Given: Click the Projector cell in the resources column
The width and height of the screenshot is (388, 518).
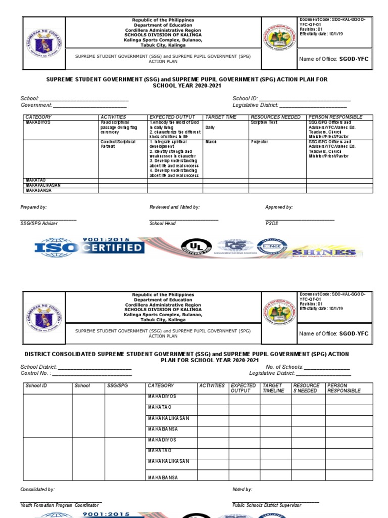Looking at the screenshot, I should tap(259, 142).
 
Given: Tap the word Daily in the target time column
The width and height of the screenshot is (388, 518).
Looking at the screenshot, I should tap(210, 127).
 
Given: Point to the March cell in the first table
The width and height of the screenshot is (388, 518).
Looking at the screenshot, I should tap(211, 142).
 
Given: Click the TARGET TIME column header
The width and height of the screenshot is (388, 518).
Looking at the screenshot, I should tap(220, 117).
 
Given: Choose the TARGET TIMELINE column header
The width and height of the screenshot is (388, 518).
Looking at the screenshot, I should tap(273, 388).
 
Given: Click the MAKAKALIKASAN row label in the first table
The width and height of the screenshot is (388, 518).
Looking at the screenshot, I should tap(43, 185).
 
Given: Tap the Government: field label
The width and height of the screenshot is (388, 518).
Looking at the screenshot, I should tap(36, 105).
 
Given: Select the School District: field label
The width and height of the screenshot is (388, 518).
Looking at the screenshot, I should tap(38, 367).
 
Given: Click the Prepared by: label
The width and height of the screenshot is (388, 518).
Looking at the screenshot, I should tap(33, 207).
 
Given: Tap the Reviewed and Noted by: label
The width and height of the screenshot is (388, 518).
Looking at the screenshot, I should tap(174, 207).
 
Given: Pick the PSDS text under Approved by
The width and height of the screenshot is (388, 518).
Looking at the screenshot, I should tap(271, 223).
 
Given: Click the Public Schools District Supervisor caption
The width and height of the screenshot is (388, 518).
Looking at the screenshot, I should tap(267, 505).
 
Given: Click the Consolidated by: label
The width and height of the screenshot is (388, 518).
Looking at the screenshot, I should tap(37, 490).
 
